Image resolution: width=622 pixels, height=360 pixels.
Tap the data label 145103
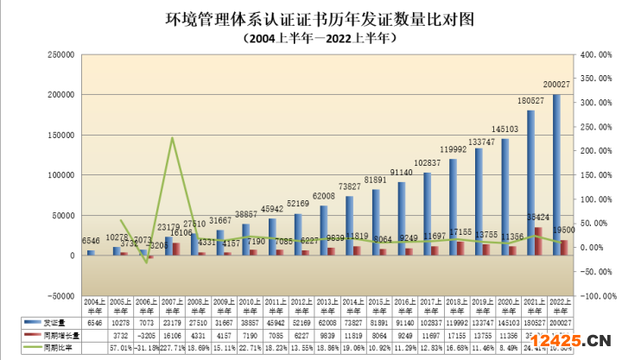pos(505,129)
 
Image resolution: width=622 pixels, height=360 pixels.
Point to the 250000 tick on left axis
pos(60,54)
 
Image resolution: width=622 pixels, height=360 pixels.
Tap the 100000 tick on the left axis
pos(60,174)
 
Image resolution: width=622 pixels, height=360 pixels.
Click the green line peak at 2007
pos(172,138)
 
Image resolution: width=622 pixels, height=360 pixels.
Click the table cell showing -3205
pos(146,333)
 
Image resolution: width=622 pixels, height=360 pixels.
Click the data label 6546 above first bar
pos(91,241)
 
